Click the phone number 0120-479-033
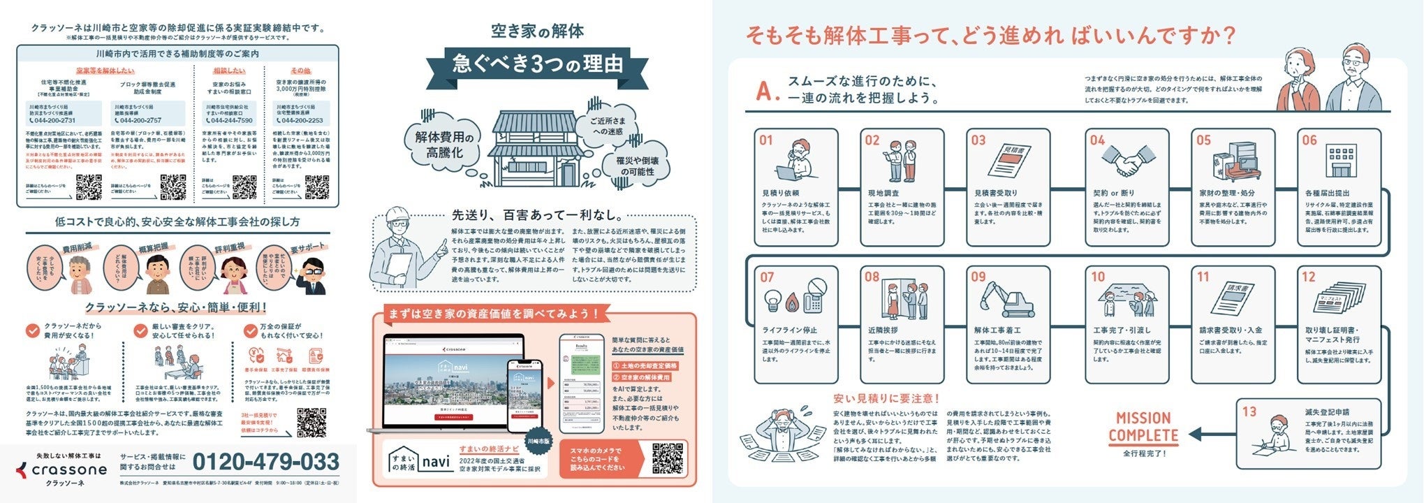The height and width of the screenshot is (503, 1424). coord(265,462)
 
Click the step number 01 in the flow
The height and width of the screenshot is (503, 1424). coord(766,140)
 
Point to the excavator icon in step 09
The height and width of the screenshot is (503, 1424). coord(1008,300)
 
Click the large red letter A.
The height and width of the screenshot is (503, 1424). coord(766,92)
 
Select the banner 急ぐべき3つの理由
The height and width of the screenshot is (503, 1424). coord(537,64)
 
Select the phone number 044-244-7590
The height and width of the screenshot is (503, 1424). coord(229,120)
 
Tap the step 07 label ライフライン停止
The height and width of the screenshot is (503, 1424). coord(789,330)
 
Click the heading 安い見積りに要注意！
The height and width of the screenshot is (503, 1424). coord(886,399)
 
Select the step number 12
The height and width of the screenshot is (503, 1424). coord(1308,277)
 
